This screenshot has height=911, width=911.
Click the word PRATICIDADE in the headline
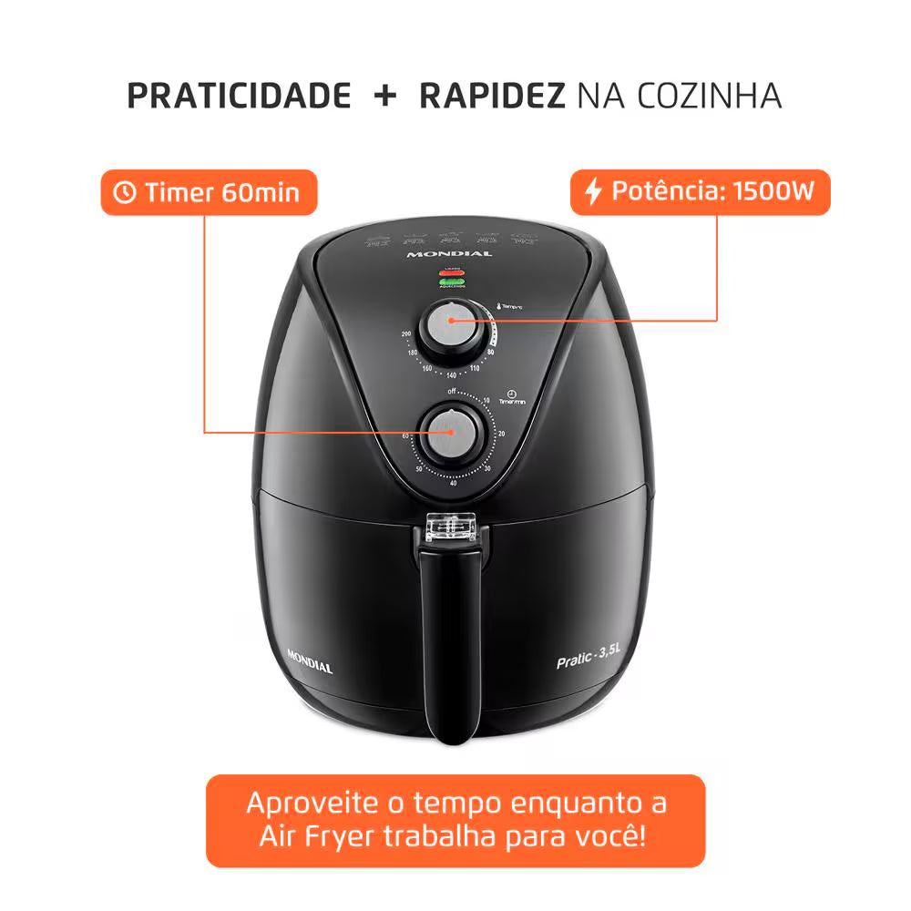239,96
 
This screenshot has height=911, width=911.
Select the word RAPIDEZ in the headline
492,96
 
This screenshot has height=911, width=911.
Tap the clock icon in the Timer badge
124,192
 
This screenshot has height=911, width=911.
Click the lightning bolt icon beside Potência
593,192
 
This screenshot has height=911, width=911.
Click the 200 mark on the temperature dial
406,335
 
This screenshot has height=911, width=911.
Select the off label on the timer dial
451,391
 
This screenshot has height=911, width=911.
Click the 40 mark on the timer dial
453,483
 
